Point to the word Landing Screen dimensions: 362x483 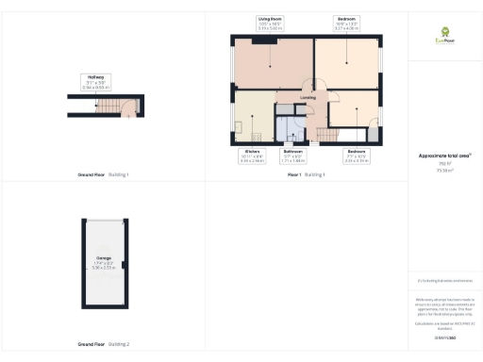(308, 96)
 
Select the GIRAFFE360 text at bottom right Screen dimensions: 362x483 (443, 337)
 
